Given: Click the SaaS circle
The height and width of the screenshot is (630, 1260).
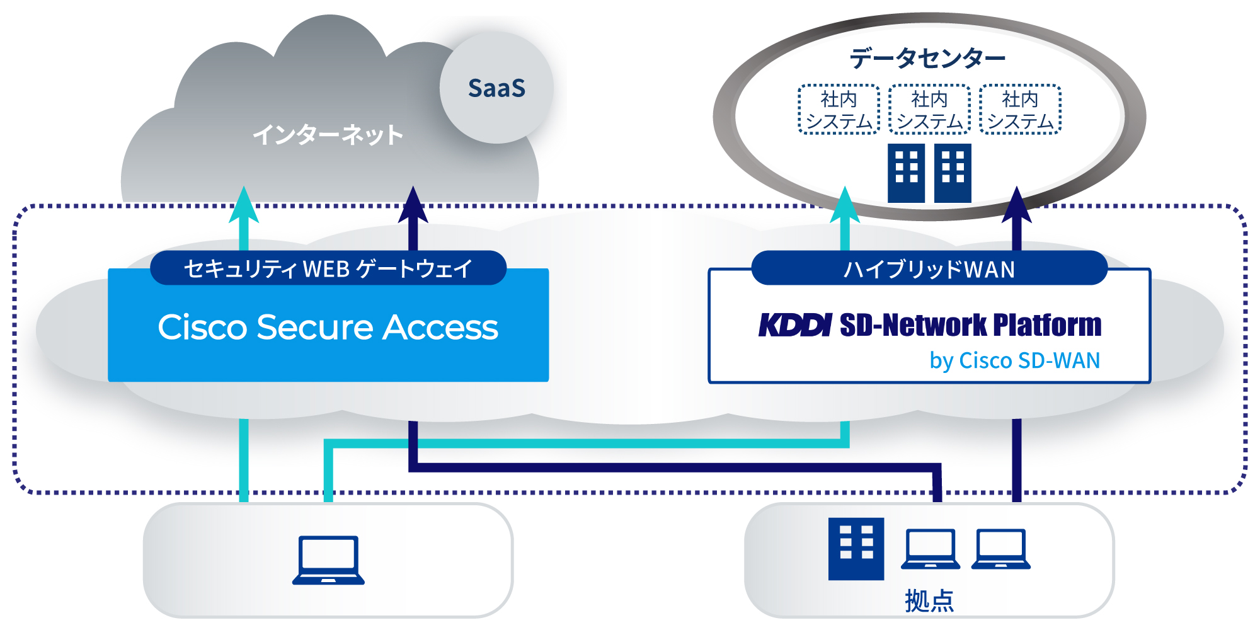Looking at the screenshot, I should pyautogui.click(x=496, y=88).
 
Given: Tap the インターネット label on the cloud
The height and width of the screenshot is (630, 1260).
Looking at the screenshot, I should pyautogui.click(x=328, y=135).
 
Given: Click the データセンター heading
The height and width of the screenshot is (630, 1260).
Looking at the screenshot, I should pyautogui.click(x=927, y=58).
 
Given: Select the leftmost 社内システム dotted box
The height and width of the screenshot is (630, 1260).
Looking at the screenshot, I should pyautogui.click(x=839, y=110).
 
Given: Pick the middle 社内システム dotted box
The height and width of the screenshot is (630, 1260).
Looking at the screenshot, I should pyautogui.click(x=929, y=110).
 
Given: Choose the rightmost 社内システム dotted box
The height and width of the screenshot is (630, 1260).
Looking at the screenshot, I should pyautogui.click(x=1020, y=110).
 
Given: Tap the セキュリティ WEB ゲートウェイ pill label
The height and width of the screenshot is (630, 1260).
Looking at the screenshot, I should pyautogui.click(x=328, y=268).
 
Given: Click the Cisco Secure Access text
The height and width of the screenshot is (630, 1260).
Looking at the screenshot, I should pyautogui.click(x=328, y=328).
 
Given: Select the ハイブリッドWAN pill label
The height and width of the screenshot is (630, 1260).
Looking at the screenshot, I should pyautogui.click(x=929, y=269).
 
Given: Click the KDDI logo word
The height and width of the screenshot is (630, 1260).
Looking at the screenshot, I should pyautogui.click(x=795, y=325).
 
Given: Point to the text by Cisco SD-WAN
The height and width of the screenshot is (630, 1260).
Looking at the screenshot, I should pyautogui.click(x=1014, y=360).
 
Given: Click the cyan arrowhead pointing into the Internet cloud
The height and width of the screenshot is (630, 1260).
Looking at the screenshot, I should pyautogui.click(x=244, y=205).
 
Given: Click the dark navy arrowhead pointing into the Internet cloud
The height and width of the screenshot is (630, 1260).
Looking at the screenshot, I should pyautogui.click(x=413, y=205).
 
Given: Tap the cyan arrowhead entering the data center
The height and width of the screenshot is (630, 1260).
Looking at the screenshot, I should pyautogui.click(x=845, y=205).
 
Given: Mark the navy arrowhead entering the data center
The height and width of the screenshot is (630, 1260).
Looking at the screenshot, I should pyautogui.click(x=1016, y=205).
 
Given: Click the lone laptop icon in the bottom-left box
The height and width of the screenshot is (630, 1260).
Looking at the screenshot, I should pyautogui.click(x=328, y=560).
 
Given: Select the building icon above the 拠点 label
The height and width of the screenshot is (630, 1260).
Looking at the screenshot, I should pyautogui.click(x=856, y=548).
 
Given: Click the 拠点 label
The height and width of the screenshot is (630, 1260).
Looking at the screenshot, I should pyautogui.click(x=929, y=600).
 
